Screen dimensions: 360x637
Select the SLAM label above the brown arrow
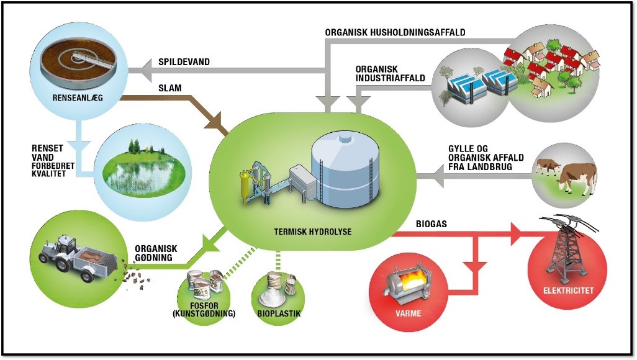point(170,88)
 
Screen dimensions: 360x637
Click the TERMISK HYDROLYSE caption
point(312,232)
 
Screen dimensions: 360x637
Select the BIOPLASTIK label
point(279,313)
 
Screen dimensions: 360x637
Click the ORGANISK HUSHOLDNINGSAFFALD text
point(395,32)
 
